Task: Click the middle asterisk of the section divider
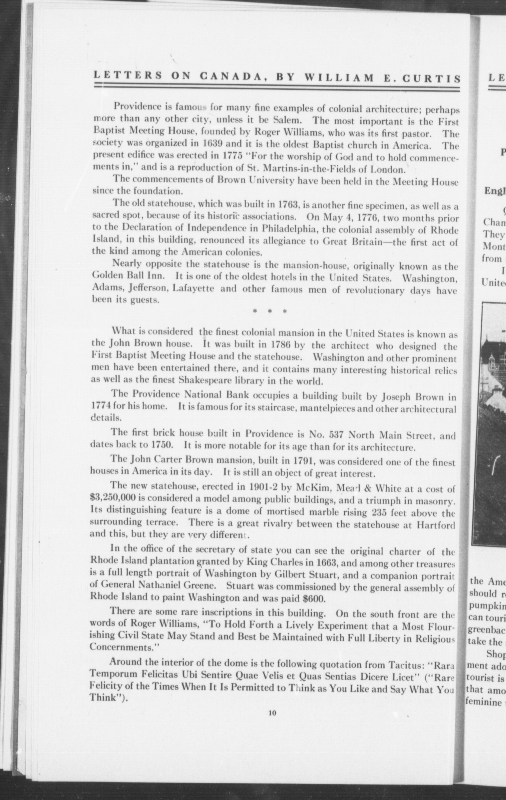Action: [x=269, y=312]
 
